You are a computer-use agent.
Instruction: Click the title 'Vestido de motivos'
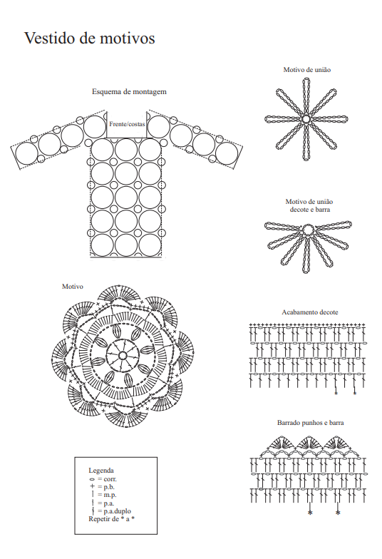(90, 39)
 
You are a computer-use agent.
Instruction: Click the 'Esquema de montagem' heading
(129, 91)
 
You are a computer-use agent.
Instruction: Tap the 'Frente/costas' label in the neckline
(127, 124)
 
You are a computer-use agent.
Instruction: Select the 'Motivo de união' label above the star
(306, 70)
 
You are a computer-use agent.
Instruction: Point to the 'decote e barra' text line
(309, 210)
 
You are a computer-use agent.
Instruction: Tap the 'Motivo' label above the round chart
(73, 287)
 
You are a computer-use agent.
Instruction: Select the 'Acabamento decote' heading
(309, 312)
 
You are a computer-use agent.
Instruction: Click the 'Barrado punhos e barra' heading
(311, 422)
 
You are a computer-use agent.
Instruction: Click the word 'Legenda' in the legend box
(101, 471)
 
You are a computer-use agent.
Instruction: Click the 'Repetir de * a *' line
(111, 519)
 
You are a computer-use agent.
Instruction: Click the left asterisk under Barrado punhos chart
(310, 513)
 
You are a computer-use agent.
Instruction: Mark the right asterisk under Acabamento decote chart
(355, 394)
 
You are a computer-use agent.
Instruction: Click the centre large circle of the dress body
(126, 197)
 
